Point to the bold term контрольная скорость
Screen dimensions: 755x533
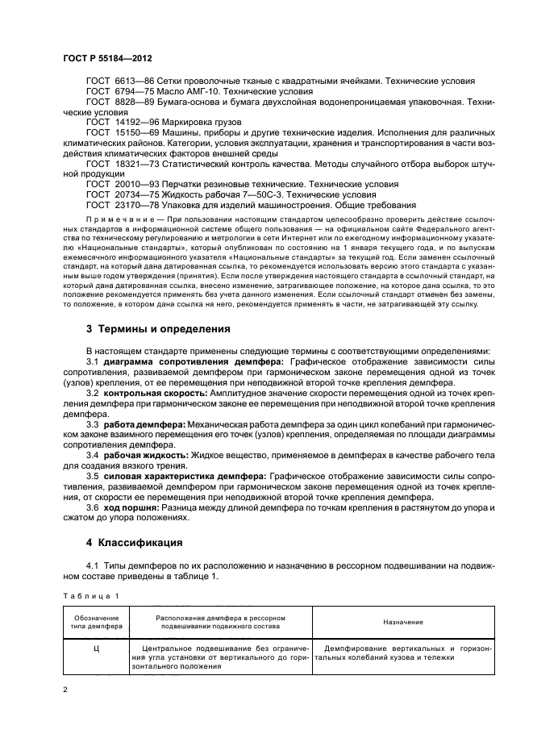[x=153, y=392]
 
